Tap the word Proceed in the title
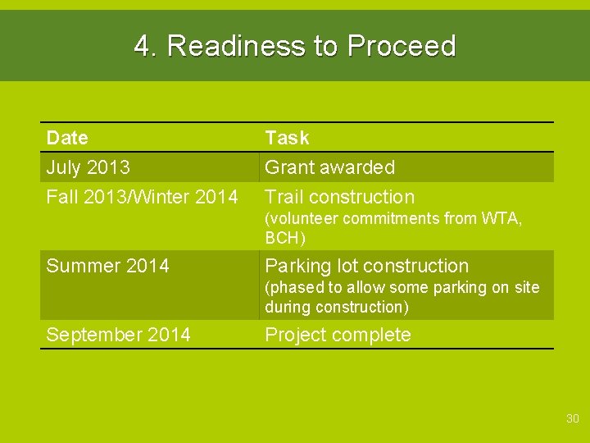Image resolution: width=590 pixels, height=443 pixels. (401, 46)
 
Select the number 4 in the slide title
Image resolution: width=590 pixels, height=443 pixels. (143, 46)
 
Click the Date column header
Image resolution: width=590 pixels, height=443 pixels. (67, 138)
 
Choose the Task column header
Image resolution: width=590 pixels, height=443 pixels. (287, 138)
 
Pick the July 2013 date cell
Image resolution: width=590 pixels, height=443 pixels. (88, 167)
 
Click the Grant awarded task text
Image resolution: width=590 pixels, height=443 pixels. (329, 167)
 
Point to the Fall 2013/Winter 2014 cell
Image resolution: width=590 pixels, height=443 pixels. (142, 197)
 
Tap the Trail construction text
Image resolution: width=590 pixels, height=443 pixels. (339, 197)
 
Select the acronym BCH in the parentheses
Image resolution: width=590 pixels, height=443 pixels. (283, 239)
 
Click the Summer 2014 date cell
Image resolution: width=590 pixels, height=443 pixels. (107, 266)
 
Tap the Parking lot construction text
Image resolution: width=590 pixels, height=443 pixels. (366, 266)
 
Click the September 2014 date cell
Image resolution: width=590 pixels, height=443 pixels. (118, 335)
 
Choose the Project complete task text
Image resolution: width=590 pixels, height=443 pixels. (338, 335)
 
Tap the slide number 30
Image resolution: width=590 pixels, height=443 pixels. (572, 419)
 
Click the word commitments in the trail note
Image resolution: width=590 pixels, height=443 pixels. (383, 219)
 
